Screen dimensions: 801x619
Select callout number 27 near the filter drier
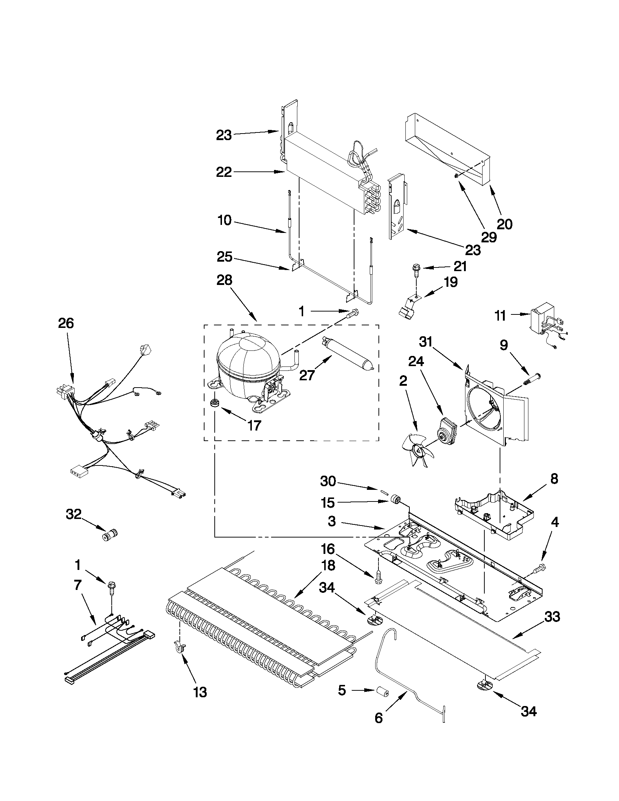pyautogui.click(x=307, y=375)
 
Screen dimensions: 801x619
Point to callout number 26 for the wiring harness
pyautogui.click(x=66, y=323)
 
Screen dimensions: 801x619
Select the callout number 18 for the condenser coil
pyautogui.click(x=327, y=566)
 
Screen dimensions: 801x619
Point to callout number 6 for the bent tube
pyautogui.click(x=378, y=718)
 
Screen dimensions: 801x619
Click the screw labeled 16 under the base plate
pyautogui.click(x=378, y=580)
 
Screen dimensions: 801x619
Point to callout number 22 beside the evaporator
pyautogui.click(x=224, y=172)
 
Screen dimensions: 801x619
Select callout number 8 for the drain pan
pyautogui.click(x=553, y=479)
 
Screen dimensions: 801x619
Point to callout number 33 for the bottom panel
pyautogui.click(x=552, y=616)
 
